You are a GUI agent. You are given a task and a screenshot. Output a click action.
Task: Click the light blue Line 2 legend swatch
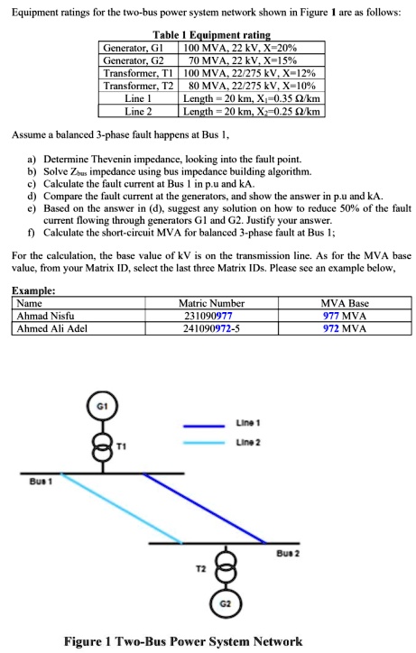(207, 443)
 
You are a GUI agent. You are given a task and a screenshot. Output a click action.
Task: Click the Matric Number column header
(211, 305)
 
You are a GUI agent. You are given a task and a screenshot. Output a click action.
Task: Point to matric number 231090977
(211, 317)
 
